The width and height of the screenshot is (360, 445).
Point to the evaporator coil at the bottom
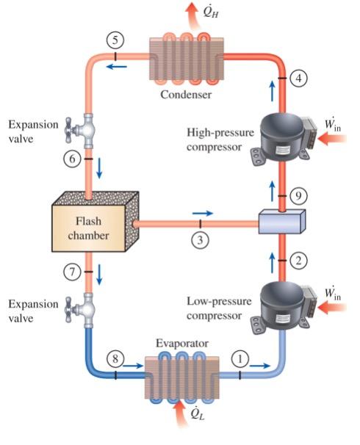tap(179, 375)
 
